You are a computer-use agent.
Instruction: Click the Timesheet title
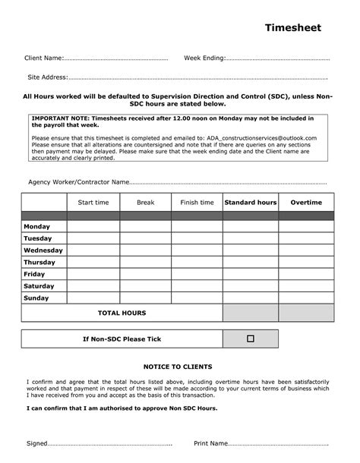292,28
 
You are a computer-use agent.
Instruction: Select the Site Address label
48,77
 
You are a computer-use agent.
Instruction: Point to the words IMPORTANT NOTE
60,119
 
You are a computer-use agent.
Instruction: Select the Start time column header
93,203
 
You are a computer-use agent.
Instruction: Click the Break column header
145,203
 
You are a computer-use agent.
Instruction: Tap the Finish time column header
197,203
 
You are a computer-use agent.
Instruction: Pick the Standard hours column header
250,203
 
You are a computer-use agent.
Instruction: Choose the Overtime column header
306,203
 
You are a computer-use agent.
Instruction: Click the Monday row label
37,227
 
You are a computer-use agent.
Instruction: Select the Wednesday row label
43,250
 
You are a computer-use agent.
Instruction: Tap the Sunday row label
36,298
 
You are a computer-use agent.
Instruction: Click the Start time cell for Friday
93,274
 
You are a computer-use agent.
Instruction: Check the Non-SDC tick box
250,339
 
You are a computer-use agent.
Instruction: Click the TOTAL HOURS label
122,313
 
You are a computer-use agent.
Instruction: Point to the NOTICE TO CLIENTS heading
179,366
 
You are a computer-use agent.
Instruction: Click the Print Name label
210,443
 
